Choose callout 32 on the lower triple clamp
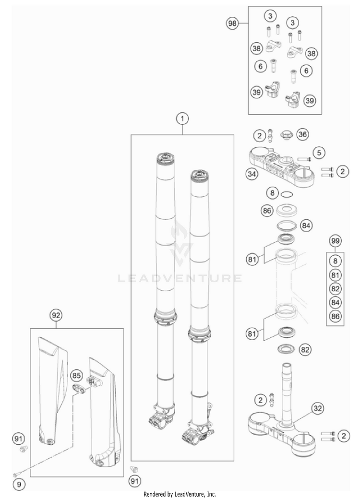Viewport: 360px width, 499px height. point(317,408)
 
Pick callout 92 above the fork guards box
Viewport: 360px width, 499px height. point(56,315)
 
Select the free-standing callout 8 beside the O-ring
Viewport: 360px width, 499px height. point(272,193)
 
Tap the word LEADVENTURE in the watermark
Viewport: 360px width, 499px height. point(180,278)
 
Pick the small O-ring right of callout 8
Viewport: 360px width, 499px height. point(287,194)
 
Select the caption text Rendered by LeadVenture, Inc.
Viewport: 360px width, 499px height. point(180,494)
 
